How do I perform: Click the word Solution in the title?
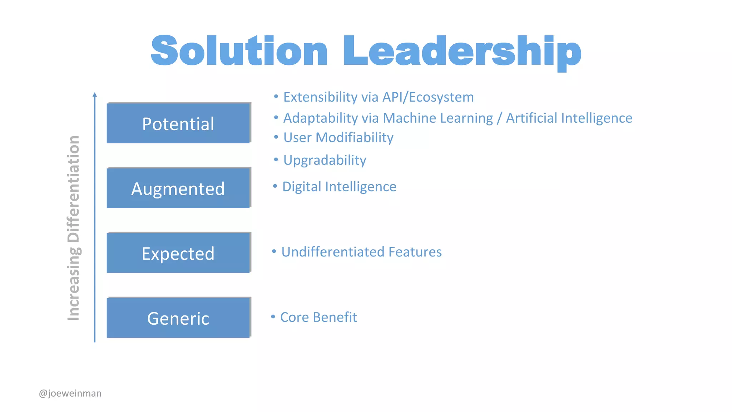(239, 51)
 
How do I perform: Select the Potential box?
(178, 123)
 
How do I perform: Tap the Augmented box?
(178, 188)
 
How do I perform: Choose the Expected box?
(178, 253)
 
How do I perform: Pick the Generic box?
(178, 318)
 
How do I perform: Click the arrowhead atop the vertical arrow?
(95, 94)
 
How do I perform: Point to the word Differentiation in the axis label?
(74, 189)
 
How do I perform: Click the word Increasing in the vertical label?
(74, 284)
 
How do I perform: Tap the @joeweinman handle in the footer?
(70, 393)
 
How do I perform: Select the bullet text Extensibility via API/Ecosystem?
(378, 97)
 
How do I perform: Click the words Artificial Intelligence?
(569, 118)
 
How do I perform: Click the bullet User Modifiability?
(338, 137)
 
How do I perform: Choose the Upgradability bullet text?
(325, 160)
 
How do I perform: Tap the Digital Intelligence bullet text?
(339, 186)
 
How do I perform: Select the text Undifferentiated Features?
(361, 252)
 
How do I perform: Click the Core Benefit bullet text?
(318, 317)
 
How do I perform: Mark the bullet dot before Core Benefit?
(273, 317)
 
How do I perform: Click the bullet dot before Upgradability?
(276, 160)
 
